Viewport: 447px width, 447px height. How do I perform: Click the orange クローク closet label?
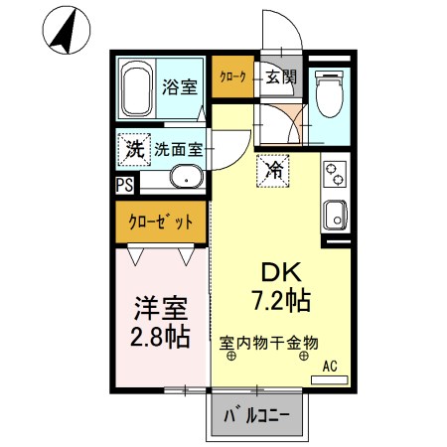tap(231, 76)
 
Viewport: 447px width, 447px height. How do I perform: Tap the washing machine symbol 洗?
tap(133, 150)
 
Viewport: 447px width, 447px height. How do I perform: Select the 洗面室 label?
tap(179, 150)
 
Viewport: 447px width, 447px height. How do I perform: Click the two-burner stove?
tap(335, 174)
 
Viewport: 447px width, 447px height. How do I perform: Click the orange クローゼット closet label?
tap(159, 221)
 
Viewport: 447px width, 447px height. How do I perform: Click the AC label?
tap(330, 366)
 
